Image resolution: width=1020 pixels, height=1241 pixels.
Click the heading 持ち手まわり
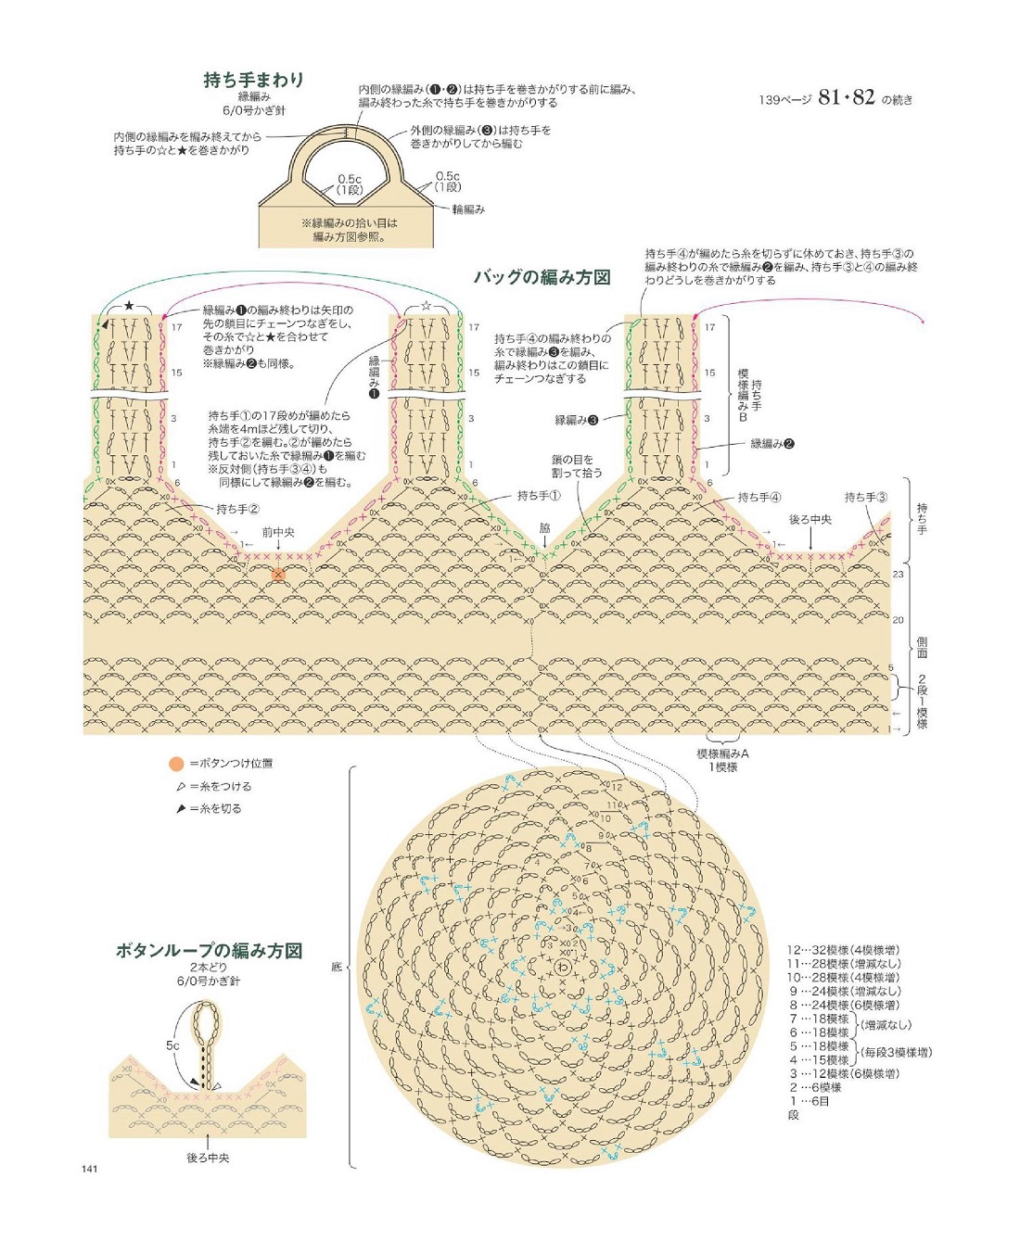[x=253, y=80]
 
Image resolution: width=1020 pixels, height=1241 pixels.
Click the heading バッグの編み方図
[x=542, y=277]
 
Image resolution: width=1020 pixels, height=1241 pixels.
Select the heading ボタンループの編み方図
[x=209, y=950]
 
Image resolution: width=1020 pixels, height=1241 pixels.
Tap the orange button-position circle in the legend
[x=176, y=764]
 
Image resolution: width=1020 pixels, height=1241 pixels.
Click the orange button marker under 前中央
[x=278, y=575]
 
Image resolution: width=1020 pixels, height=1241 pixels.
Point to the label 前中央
[x=277, y=532]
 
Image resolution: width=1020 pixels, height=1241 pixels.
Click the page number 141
[x=89, y=1169]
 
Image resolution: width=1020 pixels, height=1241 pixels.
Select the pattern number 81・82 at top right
[x=846, y=97]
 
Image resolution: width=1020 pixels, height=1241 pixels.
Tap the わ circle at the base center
[x=563, y=968]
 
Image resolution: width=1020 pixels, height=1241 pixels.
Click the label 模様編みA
[x=722, y=753]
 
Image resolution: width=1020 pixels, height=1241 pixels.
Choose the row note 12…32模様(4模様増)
[x=844, y=950]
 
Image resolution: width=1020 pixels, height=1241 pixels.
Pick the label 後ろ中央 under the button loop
[x=208, y=1158]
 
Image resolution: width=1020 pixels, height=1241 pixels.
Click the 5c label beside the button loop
[x=172, y=1045]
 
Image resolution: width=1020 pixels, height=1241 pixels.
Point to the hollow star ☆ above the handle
[x=427, y=306]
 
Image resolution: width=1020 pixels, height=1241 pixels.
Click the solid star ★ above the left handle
[x=129, y=306]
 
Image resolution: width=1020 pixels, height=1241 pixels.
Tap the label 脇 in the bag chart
[x=544, y=527]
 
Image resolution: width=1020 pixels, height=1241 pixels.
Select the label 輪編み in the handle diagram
[x=468, y=209]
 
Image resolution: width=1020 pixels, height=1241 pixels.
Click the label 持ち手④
[x=759, y=498]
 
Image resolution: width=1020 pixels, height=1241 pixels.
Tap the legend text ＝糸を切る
[x=215, y=808]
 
